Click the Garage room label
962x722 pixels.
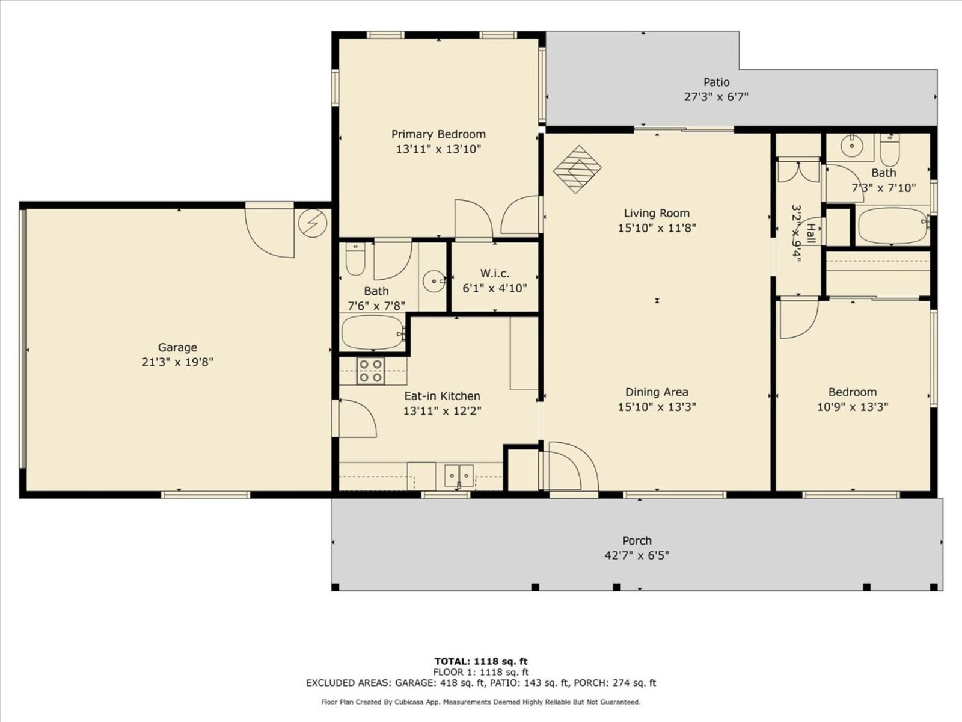coord(177,347)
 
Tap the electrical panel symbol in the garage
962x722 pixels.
coord(313,223)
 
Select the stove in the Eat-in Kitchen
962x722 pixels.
coord(370,371)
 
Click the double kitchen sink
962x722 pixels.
coord(459,476)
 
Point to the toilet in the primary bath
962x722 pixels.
coord(355,259)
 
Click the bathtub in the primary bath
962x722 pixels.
coord(373,333)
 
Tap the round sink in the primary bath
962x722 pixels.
coord(434,280)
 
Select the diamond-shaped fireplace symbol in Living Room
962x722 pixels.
coord(577,169)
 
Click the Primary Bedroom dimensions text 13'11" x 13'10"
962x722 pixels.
coord(439,149)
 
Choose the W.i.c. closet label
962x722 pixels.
coord(495,274)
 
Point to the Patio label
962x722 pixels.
coord(717,82)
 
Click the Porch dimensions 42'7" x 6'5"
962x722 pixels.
coord(637,555)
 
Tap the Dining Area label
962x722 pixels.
coord(657,392)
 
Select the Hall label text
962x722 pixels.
coord(811,233)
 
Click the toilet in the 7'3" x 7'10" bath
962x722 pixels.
coord(890,149)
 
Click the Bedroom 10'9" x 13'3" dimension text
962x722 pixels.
coord(853,407)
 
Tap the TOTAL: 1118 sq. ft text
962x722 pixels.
coord(481,661)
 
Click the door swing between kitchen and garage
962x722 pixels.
coord(358,418)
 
